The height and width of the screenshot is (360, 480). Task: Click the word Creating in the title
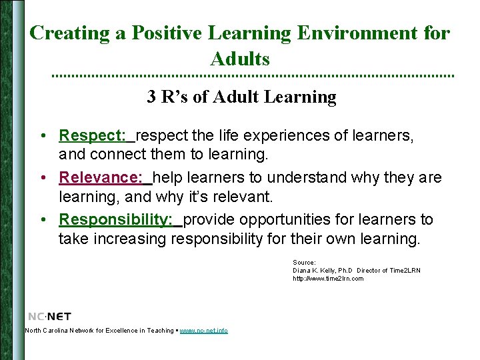coord(69,33)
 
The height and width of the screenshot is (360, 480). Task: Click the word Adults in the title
coord(240,59)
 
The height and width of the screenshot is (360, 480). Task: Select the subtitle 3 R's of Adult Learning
coord(241,97)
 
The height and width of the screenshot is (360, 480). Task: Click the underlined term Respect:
coord(93,136)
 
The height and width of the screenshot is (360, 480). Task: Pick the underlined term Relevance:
coord(101,178)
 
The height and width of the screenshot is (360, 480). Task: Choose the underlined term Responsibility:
coord(115,220)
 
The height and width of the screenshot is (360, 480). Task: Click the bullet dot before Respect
coord(42,136)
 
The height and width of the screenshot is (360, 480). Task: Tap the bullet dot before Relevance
coord(42,178)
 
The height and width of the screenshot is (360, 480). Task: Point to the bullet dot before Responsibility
coord(42,220)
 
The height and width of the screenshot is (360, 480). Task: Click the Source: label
coord(304,263)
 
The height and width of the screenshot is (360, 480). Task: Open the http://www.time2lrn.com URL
coord(328,279)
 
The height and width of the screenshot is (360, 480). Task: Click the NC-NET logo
coord(49,316)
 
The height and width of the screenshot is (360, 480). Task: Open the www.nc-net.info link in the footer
coord(203,331)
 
